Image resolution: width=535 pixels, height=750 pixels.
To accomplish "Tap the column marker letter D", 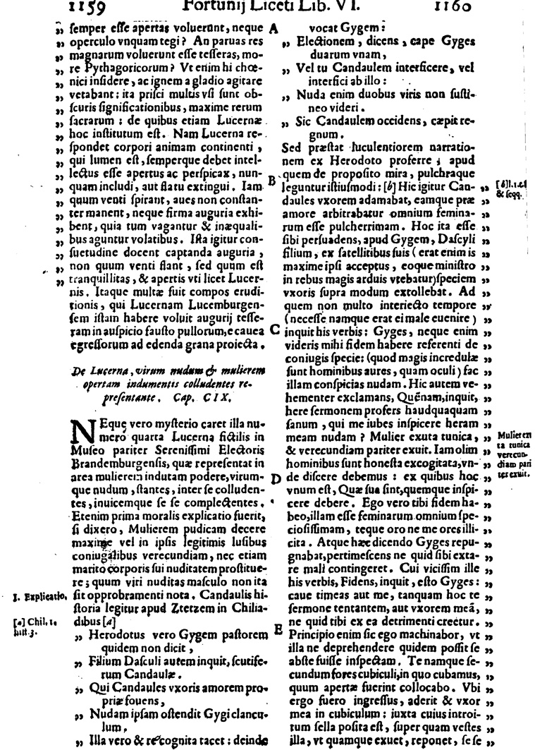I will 276,478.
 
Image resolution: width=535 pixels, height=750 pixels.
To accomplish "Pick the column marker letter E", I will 276,627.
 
